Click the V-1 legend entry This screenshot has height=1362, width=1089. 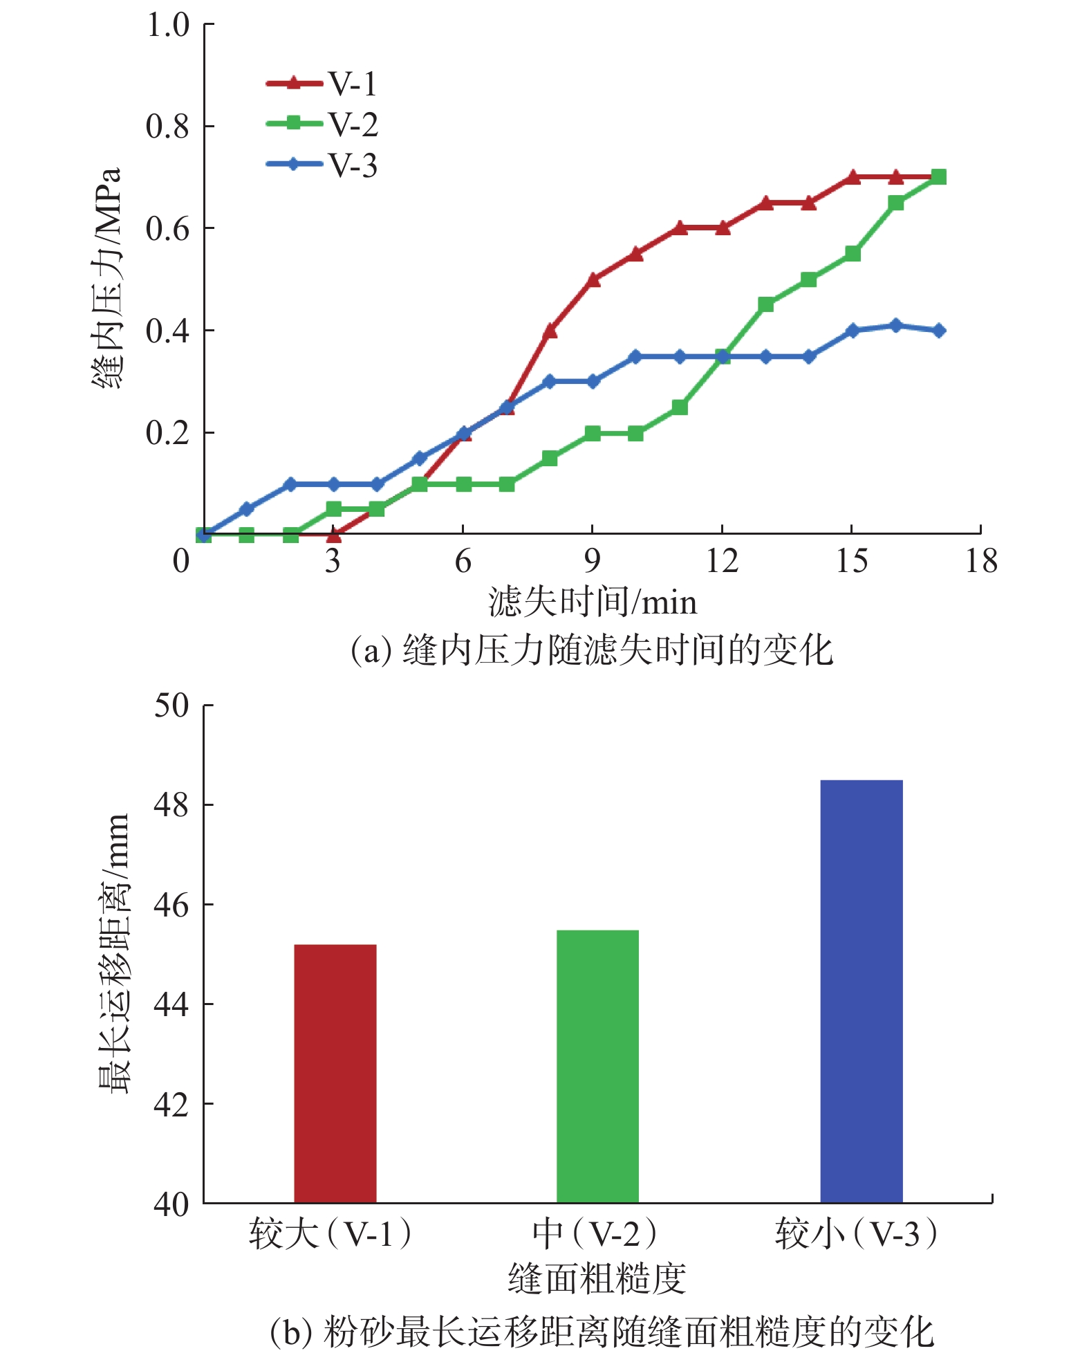coord(322,84)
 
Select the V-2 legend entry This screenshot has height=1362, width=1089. coord(322,125)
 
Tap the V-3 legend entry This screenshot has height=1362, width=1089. coord(322,165)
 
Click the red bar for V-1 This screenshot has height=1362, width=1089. coord(335,1073)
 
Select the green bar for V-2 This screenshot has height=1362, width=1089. coord(597,1066)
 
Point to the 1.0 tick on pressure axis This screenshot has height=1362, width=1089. coord(167,25)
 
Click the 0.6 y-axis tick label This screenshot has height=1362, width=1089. coord(167,229)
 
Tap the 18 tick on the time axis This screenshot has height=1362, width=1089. coord(981,561)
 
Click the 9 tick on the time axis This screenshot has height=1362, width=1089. coord(593,561)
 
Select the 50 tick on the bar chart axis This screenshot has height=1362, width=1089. coord(171,706)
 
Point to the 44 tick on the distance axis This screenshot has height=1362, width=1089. coord(171,1004)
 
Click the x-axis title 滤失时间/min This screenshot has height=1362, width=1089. coord(593,602)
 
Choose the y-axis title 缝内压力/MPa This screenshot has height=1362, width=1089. coord(107,278)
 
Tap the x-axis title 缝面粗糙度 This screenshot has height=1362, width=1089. coord(597,1278)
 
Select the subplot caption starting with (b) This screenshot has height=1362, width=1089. coord(602,1332)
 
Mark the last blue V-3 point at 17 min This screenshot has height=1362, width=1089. coord(938,331)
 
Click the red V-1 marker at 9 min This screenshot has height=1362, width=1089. coord(593,279)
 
